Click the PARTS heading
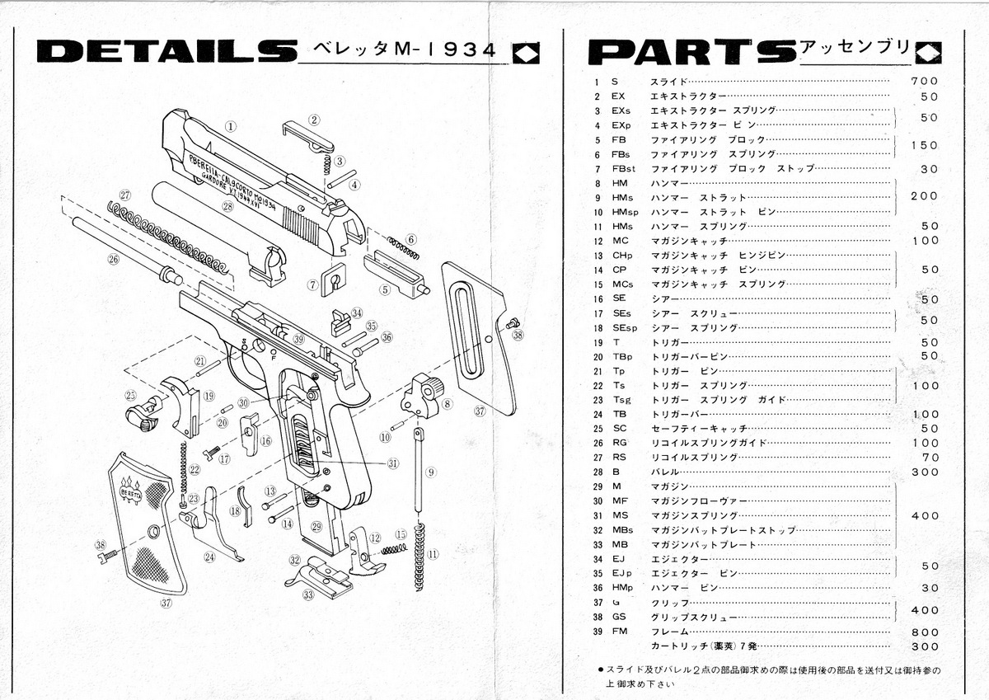coord(691,53)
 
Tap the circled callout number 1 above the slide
coord(232,127)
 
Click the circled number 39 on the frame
coord(298,339)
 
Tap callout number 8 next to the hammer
coord(448,404)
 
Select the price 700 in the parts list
coord(924,82)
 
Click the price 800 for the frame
coord(925,632)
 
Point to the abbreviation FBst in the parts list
coord(624,168)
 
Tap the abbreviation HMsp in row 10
coord(626,212)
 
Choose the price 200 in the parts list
coord(925,197)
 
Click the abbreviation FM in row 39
coord(621,632)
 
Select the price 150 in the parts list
coord(925,146)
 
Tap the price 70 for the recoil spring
coord(930,458)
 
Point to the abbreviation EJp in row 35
coord(622,573)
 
